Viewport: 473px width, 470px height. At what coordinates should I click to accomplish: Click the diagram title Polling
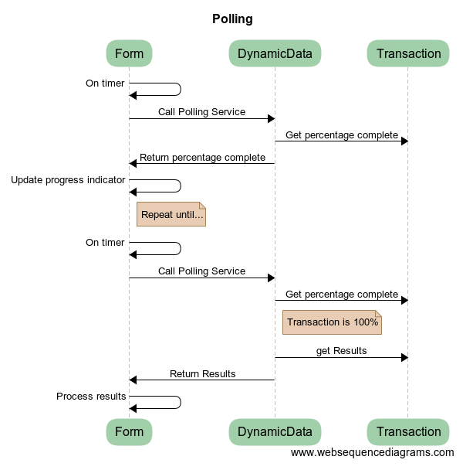[x=232, y=19]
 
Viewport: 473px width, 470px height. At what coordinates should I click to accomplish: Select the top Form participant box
[x=129, y=53]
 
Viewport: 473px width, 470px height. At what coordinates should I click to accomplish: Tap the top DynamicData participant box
[x=275, y=53]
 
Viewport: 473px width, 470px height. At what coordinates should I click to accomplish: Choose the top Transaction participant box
[x=408, y=53]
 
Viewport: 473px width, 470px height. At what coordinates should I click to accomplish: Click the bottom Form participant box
[x=129, y=431]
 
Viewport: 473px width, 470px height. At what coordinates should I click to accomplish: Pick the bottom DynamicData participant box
[x=275, y=431]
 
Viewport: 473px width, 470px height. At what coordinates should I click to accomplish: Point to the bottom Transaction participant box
[x=408, y=431]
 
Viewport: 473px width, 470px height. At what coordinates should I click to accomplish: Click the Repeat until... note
[x=171, y=214]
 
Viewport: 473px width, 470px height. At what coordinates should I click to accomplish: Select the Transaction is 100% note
[x=332, y=322]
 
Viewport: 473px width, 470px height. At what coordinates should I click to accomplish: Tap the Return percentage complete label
[x=202, y=158]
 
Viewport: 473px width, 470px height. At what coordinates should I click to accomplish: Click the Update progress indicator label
[x=68, y=180]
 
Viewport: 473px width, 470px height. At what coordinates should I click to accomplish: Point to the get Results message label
[x=341, y=351]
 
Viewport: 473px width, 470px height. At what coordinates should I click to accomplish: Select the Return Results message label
[x=202, y=374]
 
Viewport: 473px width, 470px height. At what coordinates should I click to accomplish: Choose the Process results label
[x=91, y=397]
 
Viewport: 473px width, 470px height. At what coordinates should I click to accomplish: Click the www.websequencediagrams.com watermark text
[x=372, y=452]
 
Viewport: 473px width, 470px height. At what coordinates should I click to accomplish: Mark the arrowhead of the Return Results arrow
[x=133, y=380]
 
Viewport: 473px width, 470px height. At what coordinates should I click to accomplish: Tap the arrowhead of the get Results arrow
[x=404, y=357]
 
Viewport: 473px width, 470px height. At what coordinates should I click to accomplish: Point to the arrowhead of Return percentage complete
[x=133, y=163]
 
